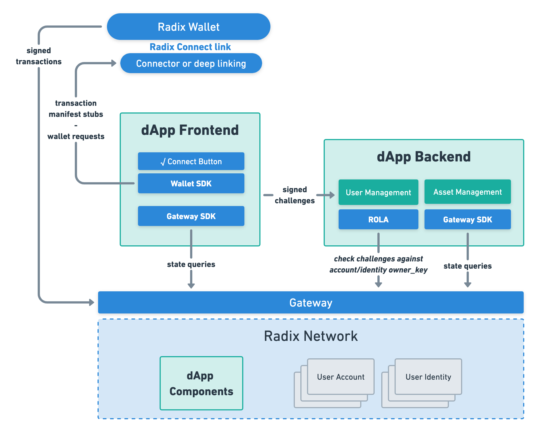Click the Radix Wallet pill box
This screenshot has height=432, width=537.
188,27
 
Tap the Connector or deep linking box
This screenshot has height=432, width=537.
191,63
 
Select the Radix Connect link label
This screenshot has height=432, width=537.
190,47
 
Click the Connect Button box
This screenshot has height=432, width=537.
191,161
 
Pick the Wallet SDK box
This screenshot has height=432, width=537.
191,183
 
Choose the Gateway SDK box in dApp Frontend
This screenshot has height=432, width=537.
191,216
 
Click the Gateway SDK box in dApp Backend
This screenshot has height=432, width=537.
467,219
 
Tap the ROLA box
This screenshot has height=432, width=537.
378,219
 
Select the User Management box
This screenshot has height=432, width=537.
378,192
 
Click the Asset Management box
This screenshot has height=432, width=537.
467,192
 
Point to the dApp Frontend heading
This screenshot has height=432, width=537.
190,130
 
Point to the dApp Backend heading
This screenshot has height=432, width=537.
424,156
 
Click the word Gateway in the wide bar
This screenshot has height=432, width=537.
311,302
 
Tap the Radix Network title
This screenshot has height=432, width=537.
311,336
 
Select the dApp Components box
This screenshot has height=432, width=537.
201,383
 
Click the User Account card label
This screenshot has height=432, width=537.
341,377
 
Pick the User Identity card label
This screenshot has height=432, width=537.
428,377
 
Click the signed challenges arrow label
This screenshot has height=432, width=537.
295,195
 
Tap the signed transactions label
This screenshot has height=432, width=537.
39,56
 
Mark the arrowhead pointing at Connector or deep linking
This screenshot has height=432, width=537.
114,63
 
